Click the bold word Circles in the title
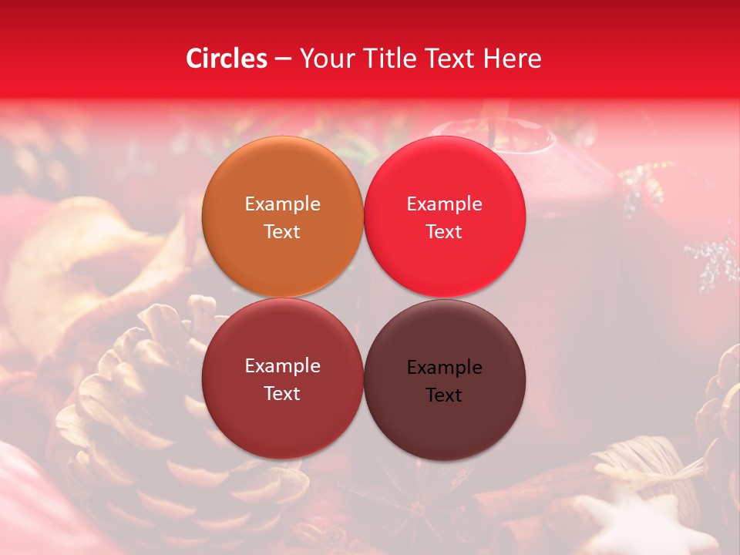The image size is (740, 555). point(227,59)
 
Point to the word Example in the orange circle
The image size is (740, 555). point(282,204)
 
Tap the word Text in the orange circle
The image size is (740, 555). point(282,232)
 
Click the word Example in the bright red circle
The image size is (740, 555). point(444,204)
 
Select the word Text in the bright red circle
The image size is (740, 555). point(444,232)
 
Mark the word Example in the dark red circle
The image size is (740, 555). point(282,366)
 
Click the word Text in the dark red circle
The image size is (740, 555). point(282,394)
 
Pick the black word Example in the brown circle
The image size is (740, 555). point(444,368)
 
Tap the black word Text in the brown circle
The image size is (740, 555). point(444,395)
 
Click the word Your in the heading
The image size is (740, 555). point(321,59)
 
